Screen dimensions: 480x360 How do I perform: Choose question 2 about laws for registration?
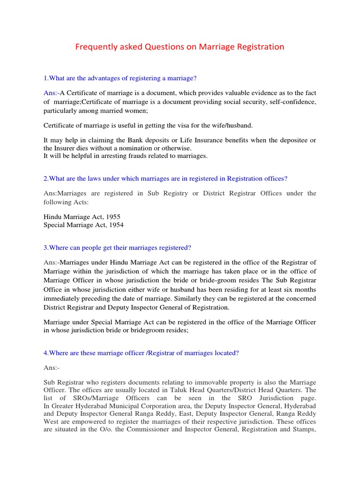point(165,178)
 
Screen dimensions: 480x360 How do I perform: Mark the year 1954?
point(115,225)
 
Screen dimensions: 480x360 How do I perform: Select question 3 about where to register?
point(118,247)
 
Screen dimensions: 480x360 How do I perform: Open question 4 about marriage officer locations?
point(141,353)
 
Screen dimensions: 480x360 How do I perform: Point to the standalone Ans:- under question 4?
point(51,368)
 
